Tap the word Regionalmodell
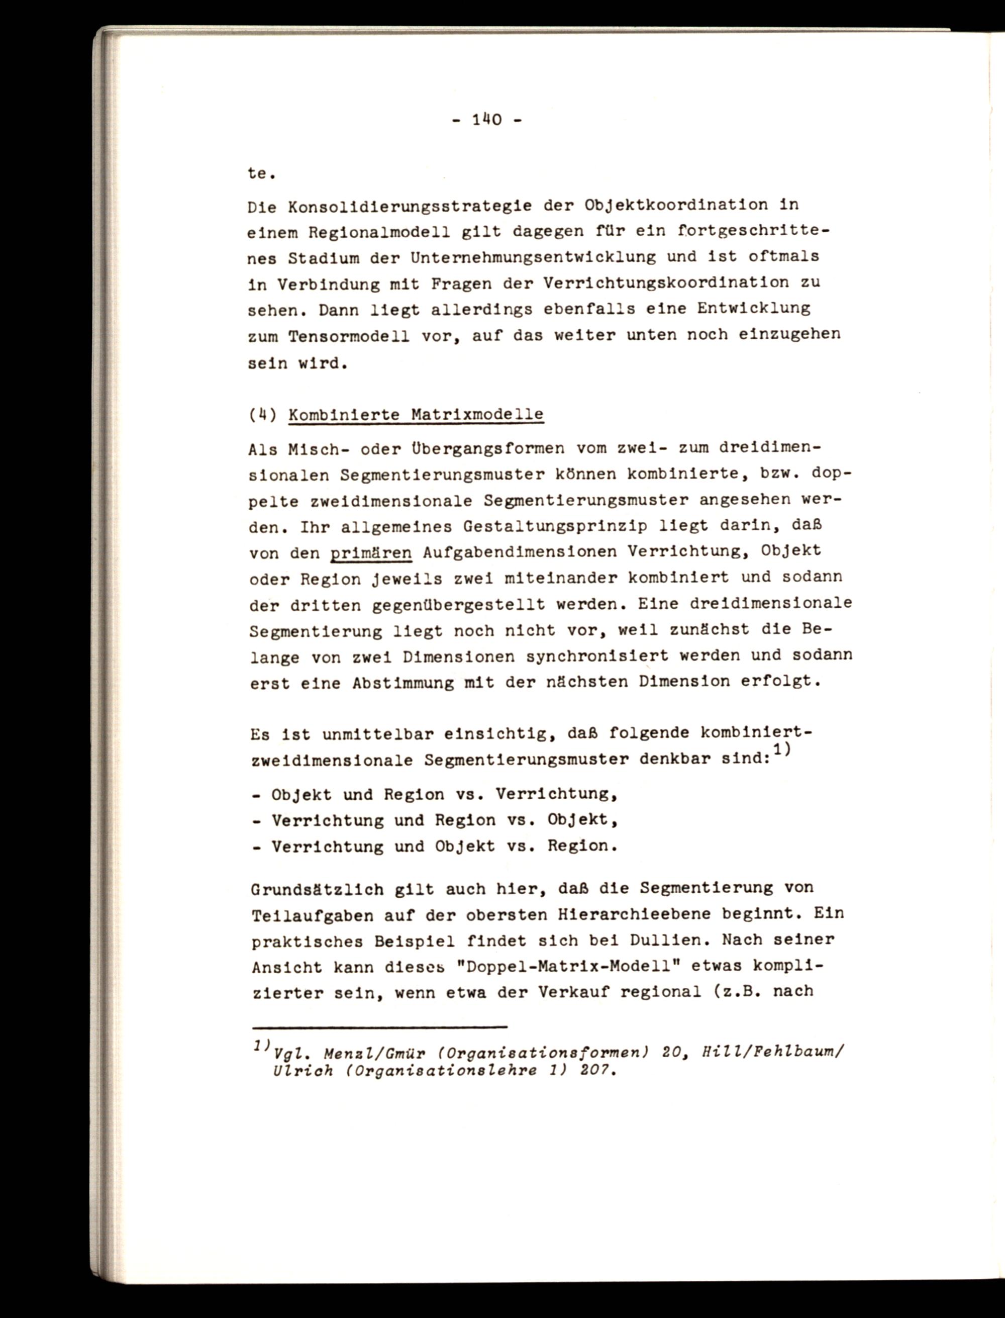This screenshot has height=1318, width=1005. [x=374, y=232]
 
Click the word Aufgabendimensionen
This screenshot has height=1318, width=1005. [x=520, y=551]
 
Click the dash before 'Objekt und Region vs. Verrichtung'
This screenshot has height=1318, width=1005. [x=256, y=796]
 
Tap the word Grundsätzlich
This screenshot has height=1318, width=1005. [x=317, y=890]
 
